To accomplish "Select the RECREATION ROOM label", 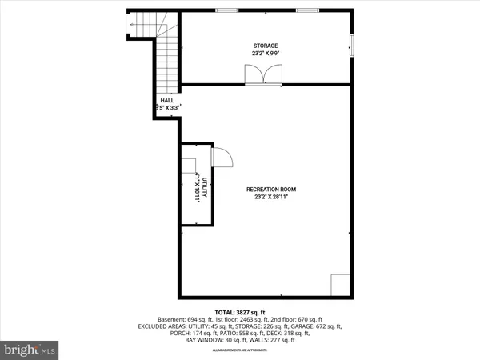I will pos(271,189).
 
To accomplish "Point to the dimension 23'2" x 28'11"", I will pos(271,197).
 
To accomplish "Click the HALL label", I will pos(167,100).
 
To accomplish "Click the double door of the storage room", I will pos(262,74).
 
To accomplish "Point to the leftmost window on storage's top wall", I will pos(227,10).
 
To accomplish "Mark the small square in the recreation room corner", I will pos(340,284).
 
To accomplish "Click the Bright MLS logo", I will pos(30,349).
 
